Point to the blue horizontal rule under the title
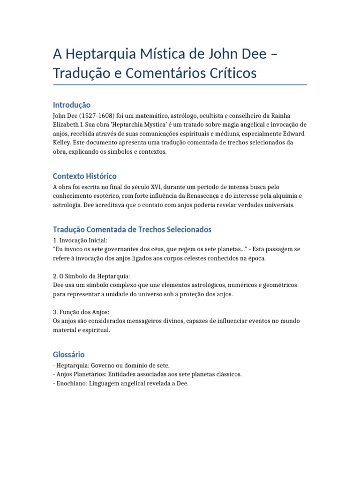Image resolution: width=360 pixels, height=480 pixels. [x=180, y=85]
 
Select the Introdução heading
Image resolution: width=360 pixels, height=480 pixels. [x=72, y=105]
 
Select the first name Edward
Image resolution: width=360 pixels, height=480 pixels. [x=293, y=134]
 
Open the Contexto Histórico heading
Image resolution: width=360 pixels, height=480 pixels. [x=85, y=176]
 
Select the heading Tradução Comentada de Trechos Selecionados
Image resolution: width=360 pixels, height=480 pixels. [x=132, y=230]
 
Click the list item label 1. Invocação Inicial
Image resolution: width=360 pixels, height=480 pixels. [x=80, y=240]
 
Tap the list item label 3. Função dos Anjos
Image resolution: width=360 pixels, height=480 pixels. [x=81, y=312]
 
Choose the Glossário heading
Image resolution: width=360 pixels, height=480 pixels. [x=69, y=354]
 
